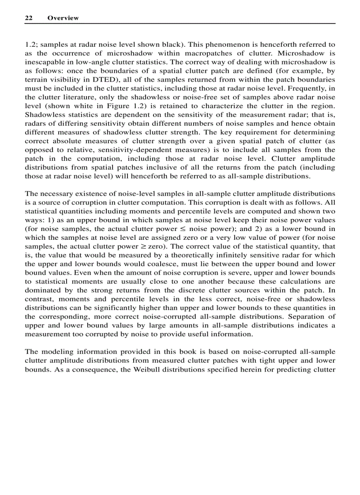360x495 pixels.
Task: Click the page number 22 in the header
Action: (x=29, y=18)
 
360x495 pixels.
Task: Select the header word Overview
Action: (x=63, y=18)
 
